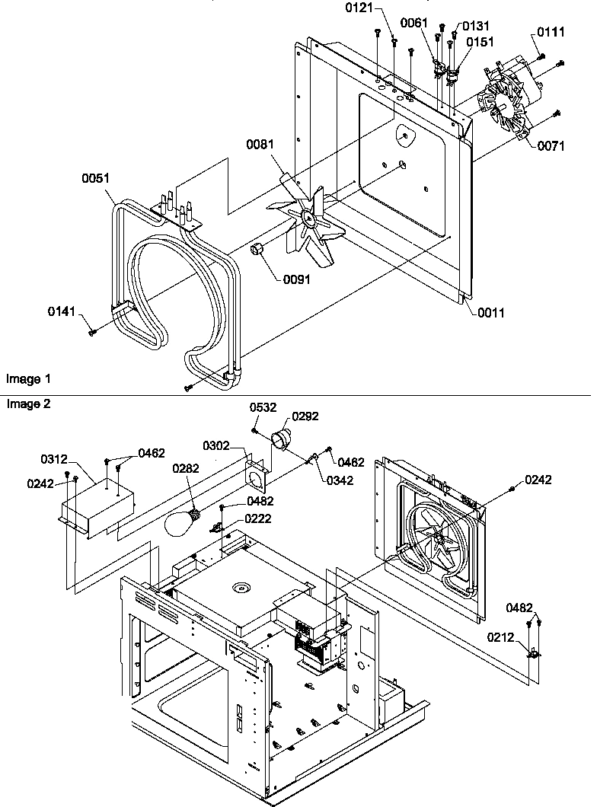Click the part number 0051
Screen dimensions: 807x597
click(x=97, y=178)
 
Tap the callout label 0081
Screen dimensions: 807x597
click(x=260, y=144)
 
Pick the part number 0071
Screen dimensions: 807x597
click(x=551, y=146)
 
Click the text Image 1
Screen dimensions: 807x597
click(x=28, y=378)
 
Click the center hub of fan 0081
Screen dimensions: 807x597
click(x=309, y=218)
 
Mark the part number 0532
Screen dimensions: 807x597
click(x=263, y=408)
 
